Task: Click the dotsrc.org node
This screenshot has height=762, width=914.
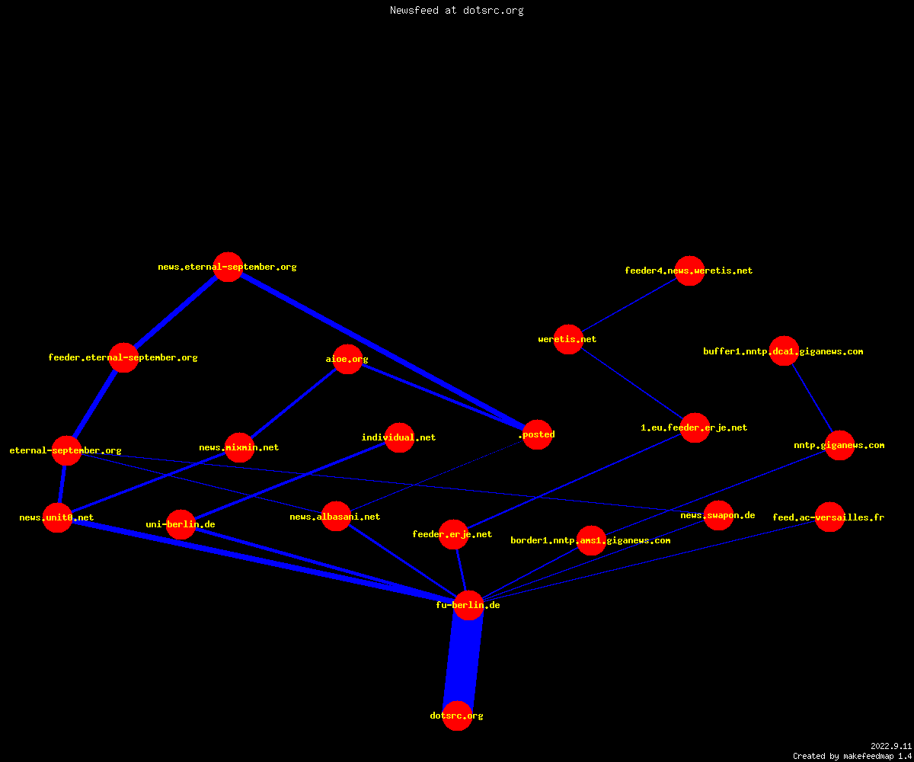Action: coord(457,716)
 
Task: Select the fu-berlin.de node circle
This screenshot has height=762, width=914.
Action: coord(468,605)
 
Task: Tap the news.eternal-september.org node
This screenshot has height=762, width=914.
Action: coord(228,267)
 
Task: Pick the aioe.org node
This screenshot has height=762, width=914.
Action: coord(347,359)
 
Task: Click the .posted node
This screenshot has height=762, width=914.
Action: coord(538,434)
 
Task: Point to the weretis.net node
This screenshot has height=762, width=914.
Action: coord(568,339)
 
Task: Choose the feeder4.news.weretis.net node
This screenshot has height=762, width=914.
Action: coord(689,271)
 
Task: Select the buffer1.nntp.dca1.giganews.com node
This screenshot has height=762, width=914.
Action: coord(784,351)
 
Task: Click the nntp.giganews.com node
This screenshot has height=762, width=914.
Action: coord(839,445)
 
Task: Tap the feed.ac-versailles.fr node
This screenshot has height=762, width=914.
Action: coord(829,517)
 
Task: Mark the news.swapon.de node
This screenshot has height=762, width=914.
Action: coord(718,515)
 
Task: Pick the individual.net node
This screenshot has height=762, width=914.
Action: coord(399,437)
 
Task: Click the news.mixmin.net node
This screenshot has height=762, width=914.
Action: coord(239,447)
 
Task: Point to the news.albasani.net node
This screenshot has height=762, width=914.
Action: coord(336,517)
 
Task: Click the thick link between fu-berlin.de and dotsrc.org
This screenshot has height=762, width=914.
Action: coord(462,661)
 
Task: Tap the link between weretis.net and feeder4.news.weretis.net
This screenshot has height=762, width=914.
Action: coord(629,305)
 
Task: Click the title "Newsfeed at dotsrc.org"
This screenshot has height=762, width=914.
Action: coord(456,10)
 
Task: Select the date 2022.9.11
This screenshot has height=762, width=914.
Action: coord(891,746)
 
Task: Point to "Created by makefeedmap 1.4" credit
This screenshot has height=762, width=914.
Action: coord(852,756)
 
